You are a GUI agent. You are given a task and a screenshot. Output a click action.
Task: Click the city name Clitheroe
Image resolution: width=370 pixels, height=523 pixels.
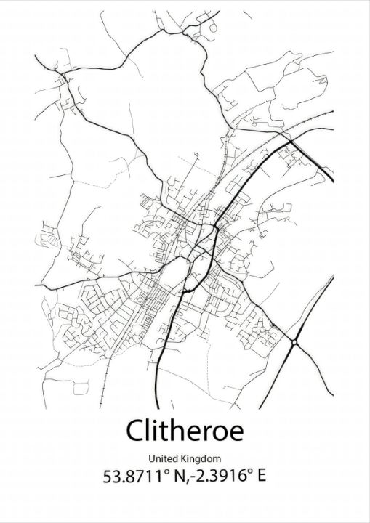(x=185, y=430)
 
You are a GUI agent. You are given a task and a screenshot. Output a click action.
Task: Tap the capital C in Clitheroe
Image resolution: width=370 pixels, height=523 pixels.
(x=135, y=431)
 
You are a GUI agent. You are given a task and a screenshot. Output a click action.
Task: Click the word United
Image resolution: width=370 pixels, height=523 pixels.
(x=164, y=458)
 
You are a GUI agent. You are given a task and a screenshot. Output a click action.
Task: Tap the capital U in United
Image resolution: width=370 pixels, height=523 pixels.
(x=151, y=458)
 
